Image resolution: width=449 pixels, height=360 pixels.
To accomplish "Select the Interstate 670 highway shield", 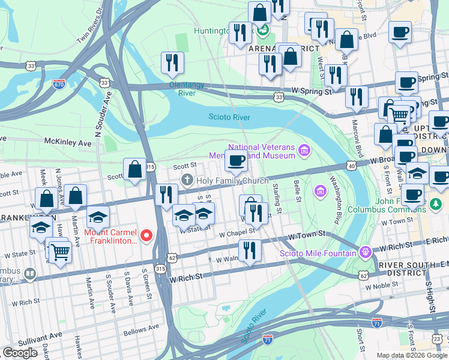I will click(59, 85).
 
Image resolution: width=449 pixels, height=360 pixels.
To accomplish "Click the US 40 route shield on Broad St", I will click(351, 166).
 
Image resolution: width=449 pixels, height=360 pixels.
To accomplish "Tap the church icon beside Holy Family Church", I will click(187, 180).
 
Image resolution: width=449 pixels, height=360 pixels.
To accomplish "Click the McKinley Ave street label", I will click(68, 142).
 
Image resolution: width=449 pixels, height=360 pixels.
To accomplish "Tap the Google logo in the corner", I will click(20, 353).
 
